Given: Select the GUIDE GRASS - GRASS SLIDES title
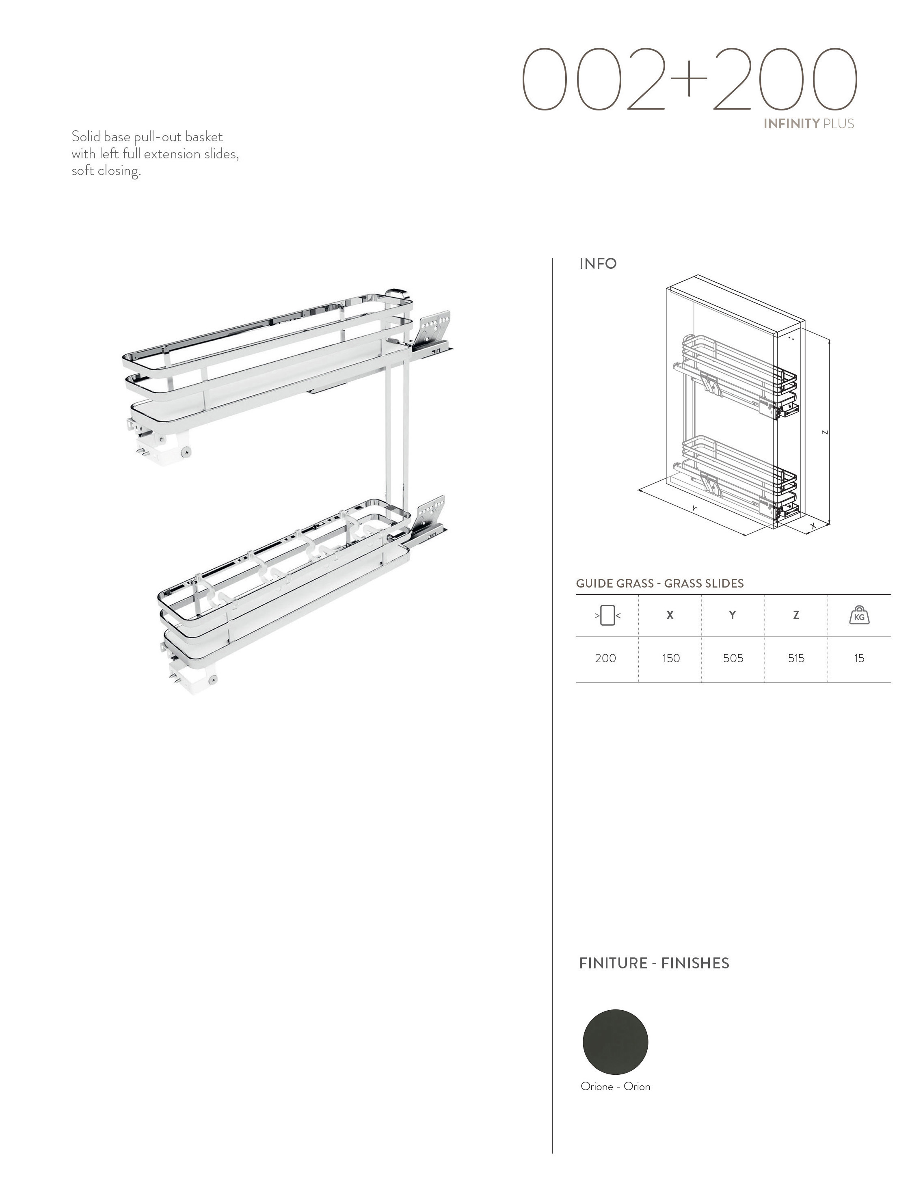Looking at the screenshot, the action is click(659, 583).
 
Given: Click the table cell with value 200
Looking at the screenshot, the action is click(605, 658).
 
